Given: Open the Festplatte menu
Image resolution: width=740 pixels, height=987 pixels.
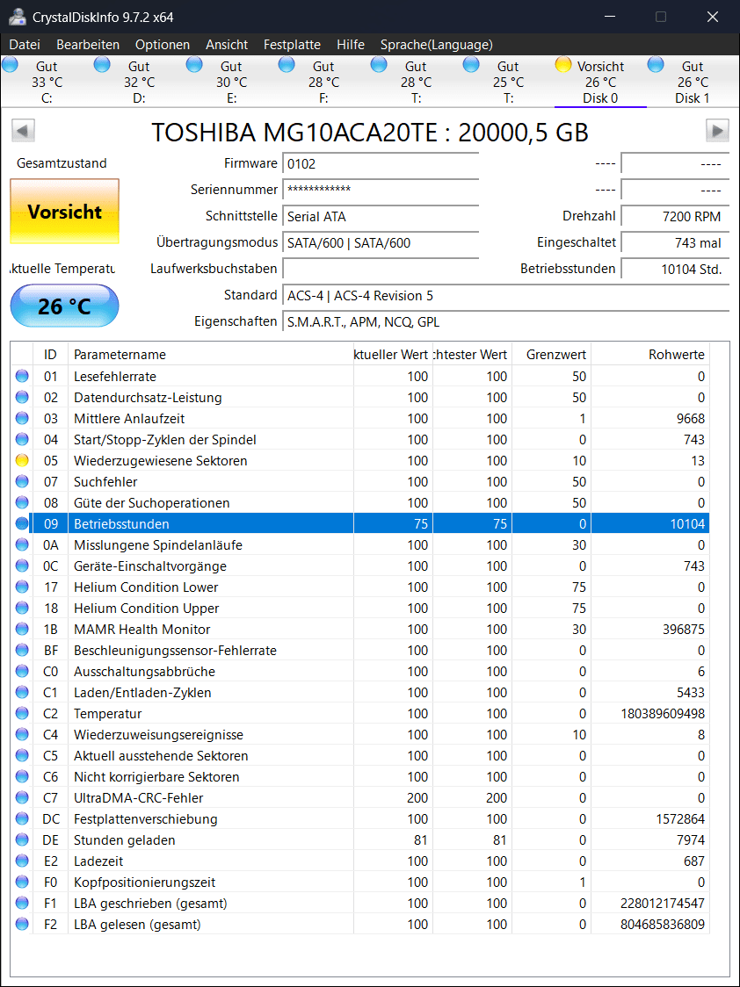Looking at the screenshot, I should click(x=292, y=45).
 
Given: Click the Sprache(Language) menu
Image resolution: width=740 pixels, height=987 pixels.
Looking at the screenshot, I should click(x=436, y=45).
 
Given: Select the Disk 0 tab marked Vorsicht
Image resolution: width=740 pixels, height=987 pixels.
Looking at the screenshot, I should click(x=600, y=82).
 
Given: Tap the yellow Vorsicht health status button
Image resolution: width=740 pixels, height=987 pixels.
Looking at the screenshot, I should click(x=64, y=212).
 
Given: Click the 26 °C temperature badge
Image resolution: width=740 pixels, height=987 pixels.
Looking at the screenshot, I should click(x=64, y=306).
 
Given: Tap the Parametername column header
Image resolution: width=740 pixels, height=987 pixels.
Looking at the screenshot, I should click(x=120, y=355).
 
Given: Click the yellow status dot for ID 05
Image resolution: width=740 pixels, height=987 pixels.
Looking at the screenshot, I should click(x=22, y=461).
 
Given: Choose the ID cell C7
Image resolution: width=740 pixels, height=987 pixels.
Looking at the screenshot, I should click(x=51, y=798).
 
